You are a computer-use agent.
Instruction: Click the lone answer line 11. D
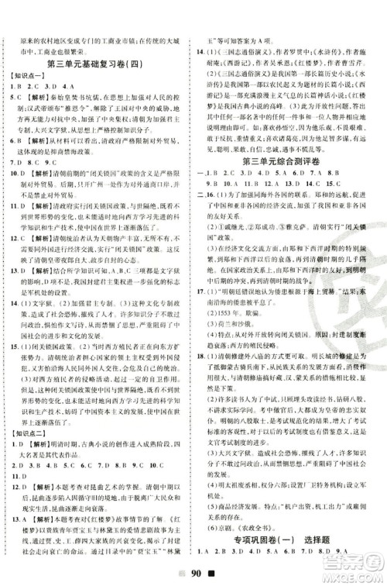tap(15, 467)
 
